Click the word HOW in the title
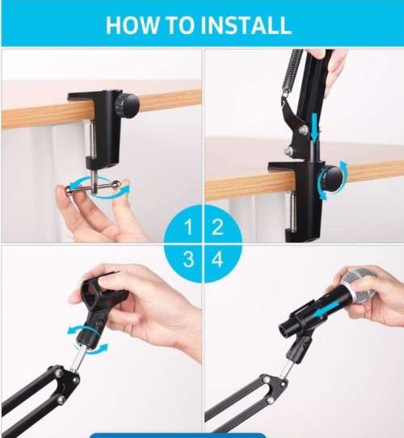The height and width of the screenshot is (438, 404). [133, 24]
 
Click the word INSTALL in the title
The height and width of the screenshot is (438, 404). [246, 24]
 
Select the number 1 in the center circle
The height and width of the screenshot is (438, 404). [188, 227]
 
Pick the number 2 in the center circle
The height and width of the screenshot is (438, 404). [217, 227]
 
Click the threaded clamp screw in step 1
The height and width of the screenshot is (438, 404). [95, 154]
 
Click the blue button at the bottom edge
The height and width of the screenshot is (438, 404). [177, 435]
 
